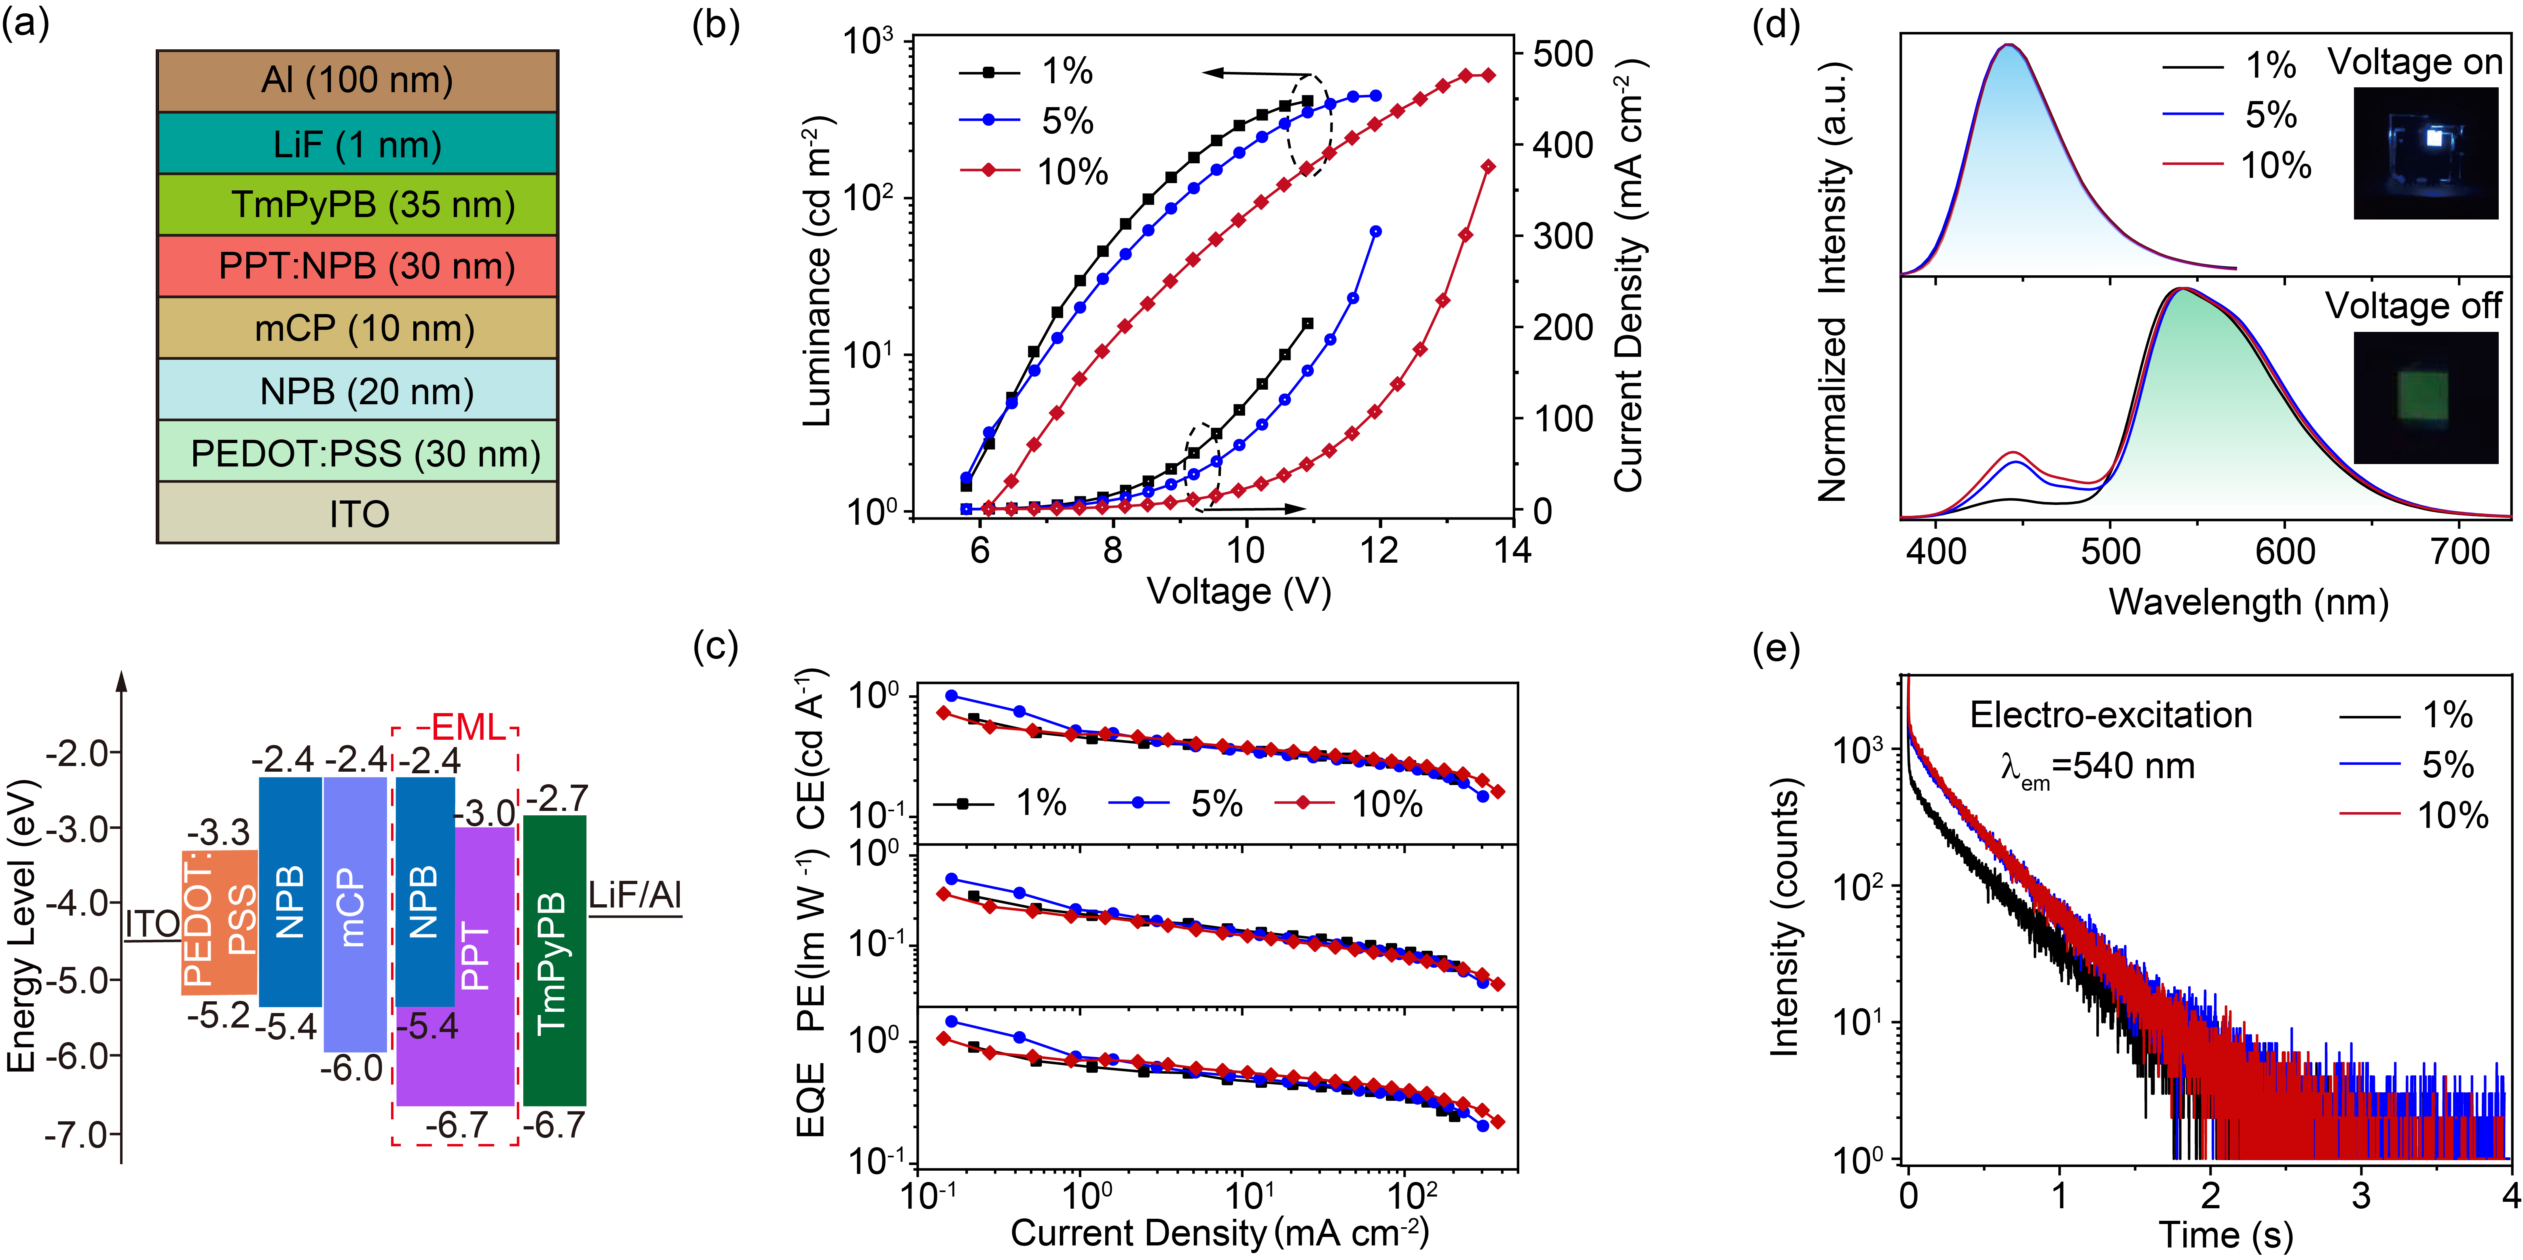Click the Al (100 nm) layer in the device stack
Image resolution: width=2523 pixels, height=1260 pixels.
357,80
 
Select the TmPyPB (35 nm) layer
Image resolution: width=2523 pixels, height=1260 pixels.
357,205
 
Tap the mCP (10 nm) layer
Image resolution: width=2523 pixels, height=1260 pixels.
357,328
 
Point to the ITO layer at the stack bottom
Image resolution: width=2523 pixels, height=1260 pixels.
357,513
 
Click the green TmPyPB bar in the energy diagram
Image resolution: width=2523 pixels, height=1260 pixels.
554,959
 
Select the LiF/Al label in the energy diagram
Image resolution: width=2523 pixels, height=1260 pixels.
634,895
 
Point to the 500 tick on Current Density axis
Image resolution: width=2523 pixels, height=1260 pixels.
1563,54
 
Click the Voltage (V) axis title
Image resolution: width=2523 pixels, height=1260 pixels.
1239,591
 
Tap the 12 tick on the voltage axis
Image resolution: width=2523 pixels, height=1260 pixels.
1379,550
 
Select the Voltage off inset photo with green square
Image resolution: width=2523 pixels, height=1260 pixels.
2425,397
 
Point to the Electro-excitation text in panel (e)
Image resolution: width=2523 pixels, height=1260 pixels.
2111,715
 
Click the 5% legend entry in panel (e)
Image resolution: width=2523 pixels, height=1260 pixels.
2447,765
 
